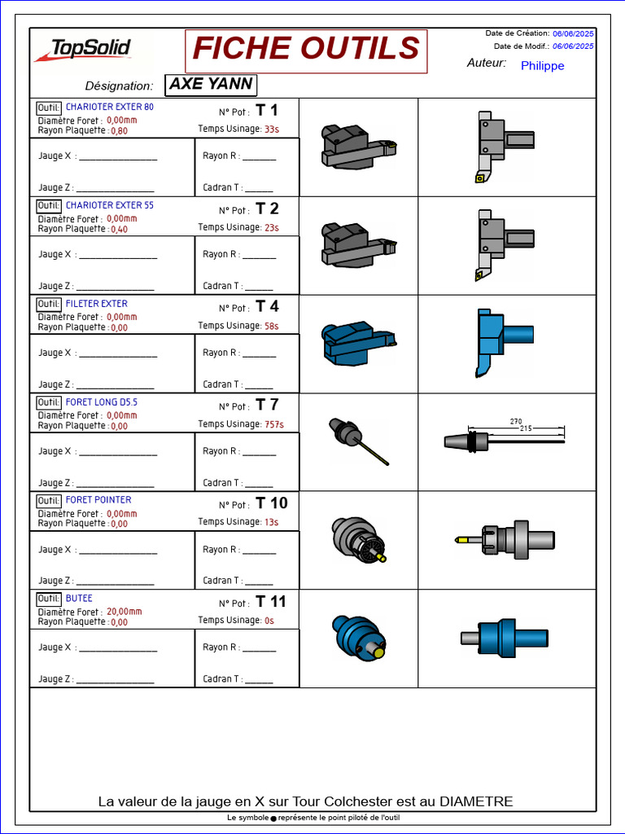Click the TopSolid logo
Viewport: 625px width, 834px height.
pyautogui.click(x=83, y=50)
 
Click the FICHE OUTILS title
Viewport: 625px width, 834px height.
pyautogui.click(x=306, y=48)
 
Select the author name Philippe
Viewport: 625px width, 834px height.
pyautogui.click(x=542, y=66)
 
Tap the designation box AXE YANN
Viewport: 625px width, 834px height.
pyautogui.click(x=211, y=85)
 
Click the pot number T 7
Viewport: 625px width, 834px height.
pyautogui.click(x=267, y=405)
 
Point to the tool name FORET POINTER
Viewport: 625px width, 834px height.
pyautogui.click(x=98, y=500)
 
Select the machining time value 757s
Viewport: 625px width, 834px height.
pyautogui.click(x=274, y=424)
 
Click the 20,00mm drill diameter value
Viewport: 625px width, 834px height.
pyautogui.click(x=125, y=612)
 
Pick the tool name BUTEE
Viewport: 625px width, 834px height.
pyautogui.click(x=79, y=599)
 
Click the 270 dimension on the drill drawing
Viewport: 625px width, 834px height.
pyautogui.click(x=515, y=422)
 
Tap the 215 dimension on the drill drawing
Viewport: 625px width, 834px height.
pyautogui.click(x=526, y=428)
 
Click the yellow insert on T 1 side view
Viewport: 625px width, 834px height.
pyautogui.click(x=480, y=178)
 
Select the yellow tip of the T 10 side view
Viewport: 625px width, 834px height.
pyautogui.click(x=461, y=540)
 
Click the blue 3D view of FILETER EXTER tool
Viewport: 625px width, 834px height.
pyautogui.click(x=359, y=342)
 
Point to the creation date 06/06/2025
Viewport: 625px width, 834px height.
pyautogui.click(x=573, y=33)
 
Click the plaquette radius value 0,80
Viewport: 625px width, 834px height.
pyautogui.click(x=120, y=131)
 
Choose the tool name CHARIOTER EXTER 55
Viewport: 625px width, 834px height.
pyautogui.click(x=110, y=205)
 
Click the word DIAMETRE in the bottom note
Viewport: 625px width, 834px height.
pyautogui.click(x=477, y=801)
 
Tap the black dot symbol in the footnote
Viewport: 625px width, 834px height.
pyautogui.click(x=273, y=819)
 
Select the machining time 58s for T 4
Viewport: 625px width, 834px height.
pyautogui.click(x=272, y=326)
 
